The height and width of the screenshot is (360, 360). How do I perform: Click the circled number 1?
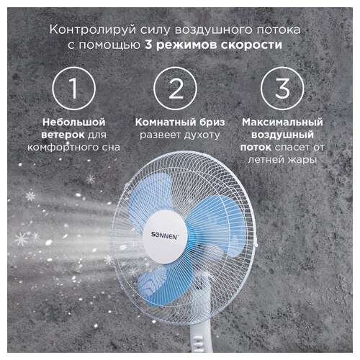[x=73, y=89]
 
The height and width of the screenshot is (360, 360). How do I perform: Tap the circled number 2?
[x=176, y=89]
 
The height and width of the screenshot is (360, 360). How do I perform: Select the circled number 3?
[x=282, y=89]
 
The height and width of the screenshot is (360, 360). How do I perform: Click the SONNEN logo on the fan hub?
[x=165, y=235]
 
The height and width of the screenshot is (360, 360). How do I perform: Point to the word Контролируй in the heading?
[x=93, y=30]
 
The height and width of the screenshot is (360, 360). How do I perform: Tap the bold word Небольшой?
[x=74, y=122]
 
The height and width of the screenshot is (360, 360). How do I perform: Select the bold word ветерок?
[x=63, y=135]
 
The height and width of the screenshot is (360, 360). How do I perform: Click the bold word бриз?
[x=210, y=122]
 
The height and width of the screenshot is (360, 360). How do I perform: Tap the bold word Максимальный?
[x=282, y=122]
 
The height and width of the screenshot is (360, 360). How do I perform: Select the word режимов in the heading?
[x=186, y=45]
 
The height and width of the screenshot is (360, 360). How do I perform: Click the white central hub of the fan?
[x=166, y=237]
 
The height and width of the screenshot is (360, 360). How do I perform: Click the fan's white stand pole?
[x=199, y=336]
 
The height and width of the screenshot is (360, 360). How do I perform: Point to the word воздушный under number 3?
[x=282, y=135]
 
